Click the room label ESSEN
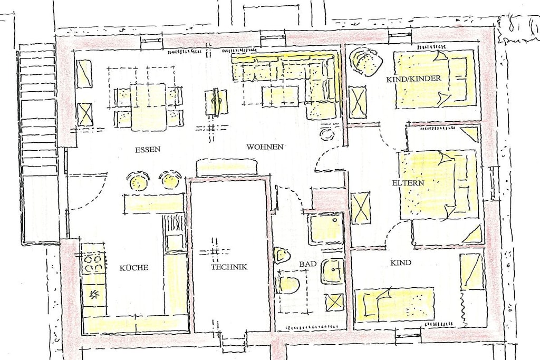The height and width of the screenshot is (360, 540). pos(148,149)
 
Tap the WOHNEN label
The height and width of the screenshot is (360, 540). pos(265,147)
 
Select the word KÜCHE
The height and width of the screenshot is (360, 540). pos(134,268)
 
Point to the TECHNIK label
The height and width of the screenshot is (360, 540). pos(229,267)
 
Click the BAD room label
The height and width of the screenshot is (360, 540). pos(307,264)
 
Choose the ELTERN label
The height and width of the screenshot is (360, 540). pos(408,183)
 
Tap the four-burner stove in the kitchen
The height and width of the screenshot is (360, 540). pos(93,263)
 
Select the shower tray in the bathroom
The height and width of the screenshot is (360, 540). pos(325,229)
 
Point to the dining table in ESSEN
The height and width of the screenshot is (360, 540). pos(149,106)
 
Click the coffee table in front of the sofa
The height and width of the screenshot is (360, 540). pos(280,96)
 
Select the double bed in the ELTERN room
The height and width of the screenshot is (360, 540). pos(439,184)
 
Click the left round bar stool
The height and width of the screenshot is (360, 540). pos(139,180)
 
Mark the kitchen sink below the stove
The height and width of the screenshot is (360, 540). pos(93,294)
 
